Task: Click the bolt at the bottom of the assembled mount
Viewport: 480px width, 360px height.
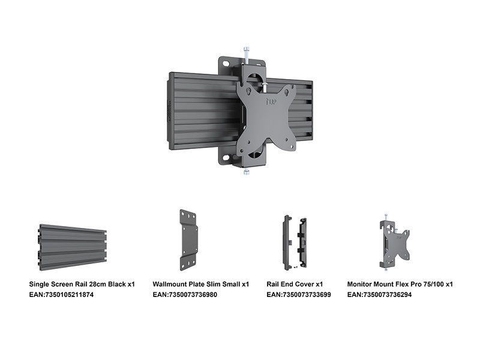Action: [x=247, y=172]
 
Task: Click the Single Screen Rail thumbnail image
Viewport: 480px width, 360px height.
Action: [x=73, y=247]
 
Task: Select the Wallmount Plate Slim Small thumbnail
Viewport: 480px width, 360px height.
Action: [x=189, y=240]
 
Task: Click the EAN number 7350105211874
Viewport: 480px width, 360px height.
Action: [x=69, y=295]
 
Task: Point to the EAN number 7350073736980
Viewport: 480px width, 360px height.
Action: [x=193, y=295]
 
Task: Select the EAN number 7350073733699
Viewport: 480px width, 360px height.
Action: [x=307, y=295]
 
